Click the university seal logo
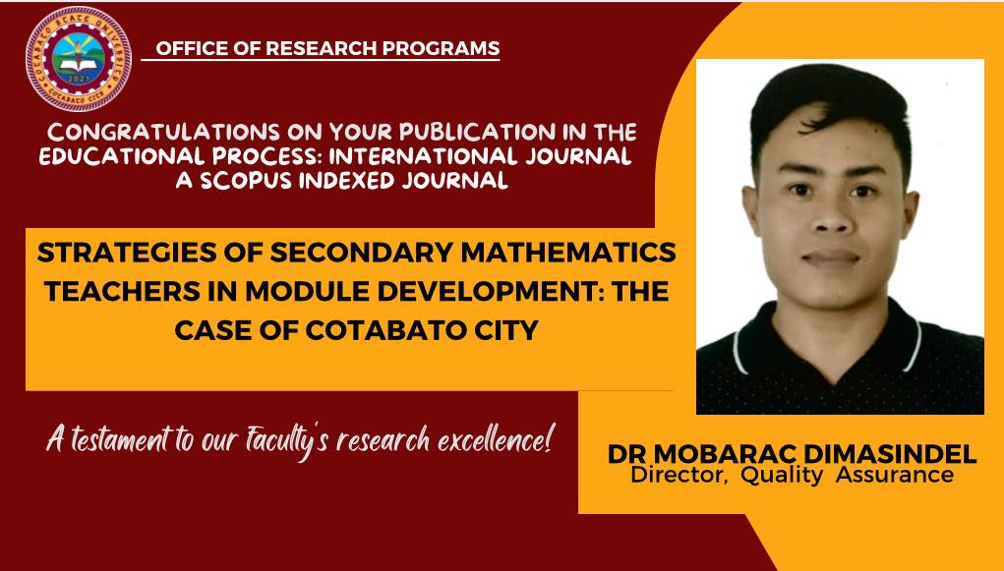point(78,58)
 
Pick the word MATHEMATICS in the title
point(568,253)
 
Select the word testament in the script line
point(121,439)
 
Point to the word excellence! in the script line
point(494,439)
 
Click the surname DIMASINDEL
point(890,454)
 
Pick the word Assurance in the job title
point(895,475)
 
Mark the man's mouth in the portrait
point(831,257)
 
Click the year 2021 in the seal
point(79,80)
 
